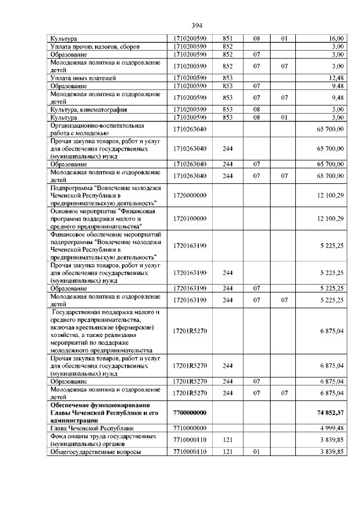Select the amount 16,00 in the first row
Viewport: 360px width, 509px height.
[336, 38]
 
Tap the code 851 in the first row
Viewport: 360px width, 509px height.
[228, 38]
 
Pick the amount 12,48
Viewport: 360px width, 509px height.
[336, 77]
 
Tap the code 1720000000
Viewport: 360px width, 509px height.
[191, 195]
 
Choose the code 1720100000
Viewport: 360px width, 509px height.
[191, 218]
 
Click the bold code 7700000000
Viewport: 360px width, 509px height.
[191, 412]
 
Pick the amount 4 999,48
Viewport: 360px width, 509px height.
[332, 427]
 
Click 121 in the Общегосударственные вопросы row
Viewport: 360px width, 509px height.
[228, 451]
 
